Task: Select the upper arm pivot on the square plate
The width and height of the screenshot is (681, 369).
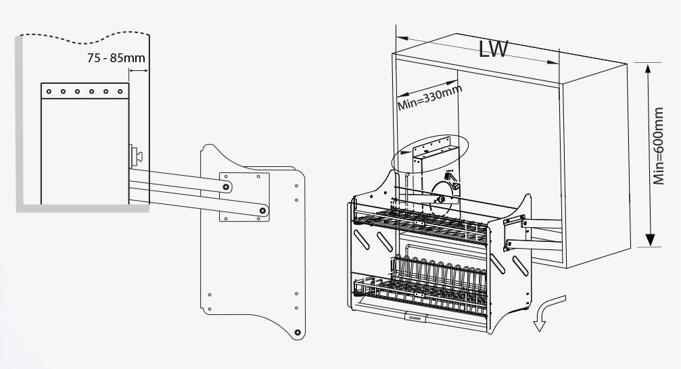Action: point(225,185)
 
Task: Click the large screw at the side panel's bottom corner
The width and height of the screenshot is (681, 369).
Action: point(297,333)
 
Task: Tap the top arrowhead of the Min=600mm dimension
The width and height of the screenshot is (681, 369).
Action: point(649,70)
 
